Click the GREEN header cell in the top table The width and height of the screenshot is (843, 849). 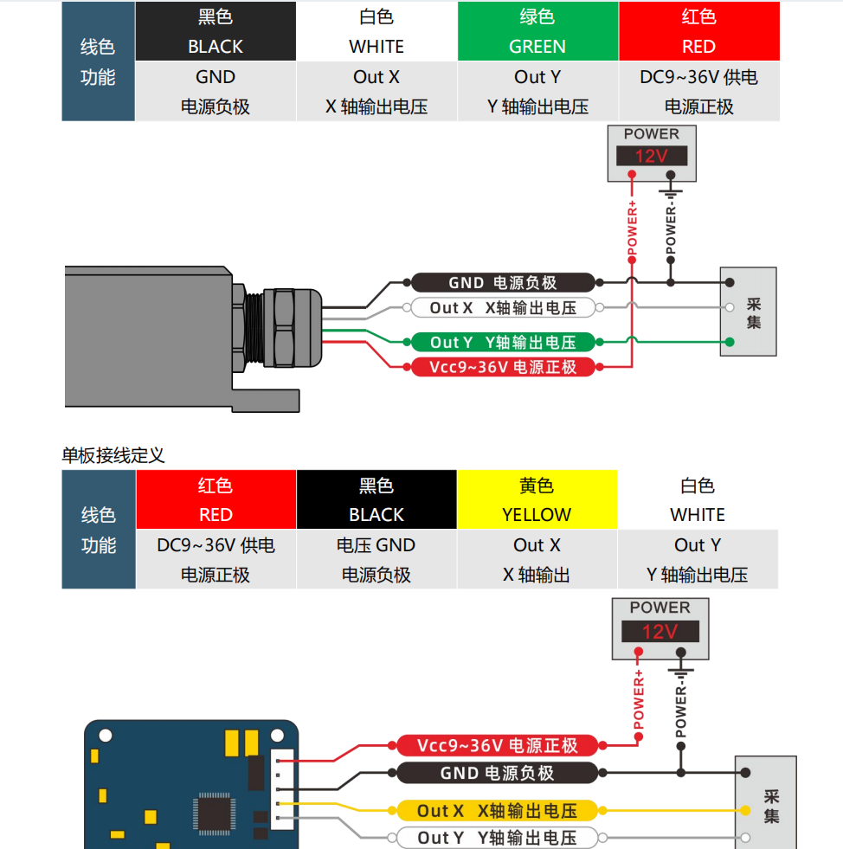point(537,31)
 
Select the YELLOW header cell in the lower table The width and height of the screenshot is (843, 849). point(537,499)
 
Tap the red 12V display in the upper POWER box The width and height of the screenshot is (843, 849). point(652,157)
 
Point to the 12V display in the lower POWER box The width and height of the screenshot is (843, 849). point(660,632)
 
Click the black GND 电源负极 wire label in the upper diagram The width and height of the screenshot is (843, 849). point(503,282)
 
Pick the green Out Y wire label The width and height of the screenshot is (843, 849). point(503,342)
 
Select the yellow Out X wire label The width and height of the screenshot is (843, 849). point(497,811)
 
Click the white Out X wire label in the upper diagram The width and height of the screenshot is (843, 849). point(503,307)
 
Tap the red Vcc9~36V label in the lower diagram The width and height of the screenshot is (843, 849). point(497,746)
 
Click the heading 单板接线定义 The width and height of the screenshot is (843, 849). point(113,454)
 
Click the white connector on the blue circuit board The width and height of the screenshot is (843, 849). point(282,789)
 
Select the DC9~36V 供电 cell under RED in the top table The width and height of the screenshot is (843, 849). point(698,77)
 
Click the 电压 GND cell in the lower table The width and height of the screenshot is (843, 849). point(376,545)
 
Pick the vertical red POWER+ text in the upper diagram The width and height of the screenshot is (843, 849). point(632,229)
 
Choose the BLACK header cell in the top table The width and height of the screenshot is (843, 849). point(216,31)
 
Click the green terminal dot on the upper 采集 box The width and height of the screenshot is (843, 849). point(730,342)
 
